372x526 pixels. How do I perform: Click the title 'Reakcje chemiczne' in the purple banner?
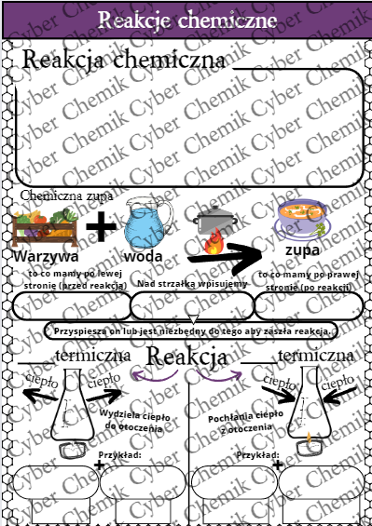click(186, 20)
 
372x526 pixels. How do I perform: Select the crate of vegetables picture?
click(43, 228)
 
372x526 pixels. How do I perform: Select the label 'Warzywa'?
click(46, 256)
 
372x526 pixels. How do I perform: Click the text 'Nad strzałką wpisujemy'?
click(191, 282)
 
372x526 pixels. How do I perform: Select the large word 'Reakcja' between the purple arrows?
click(187, 357)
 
